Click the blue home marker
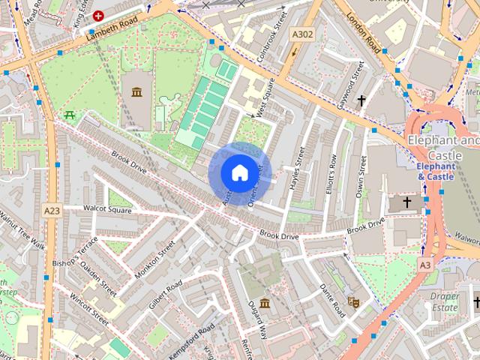click(238, 173)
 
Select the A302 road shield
click(302, 34)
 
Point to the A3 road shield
click(425, 265)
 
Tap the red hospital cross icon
click(98, 15)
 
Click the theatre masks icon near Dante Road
click(355, 301)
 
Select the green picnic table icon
click(69, 115)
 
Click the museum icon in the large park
click(136, 92)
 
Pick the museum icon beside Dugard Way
click(265, 307)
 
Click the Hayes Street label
click(297, 169)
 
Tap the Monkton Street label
click(154, 259)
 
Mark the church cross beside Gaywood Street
click(361, 100)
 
